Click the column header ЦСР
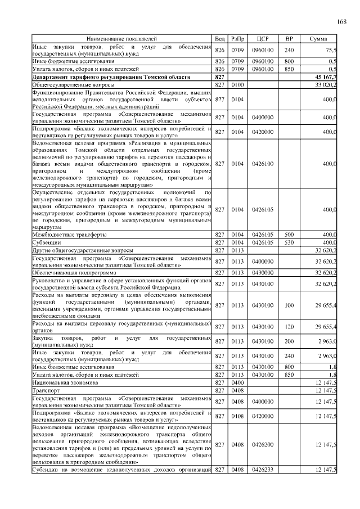click(262, 38)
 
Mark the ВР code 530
click(289, 242)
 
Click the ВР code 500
click(289, 234)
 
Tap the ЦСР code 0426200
click(262, 444)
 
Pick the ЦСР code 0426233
click(262, 470)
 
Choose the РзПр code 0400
click(237, 382)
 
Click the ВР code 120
click(289, 327)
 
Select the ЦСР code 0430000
click(262, 272)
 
